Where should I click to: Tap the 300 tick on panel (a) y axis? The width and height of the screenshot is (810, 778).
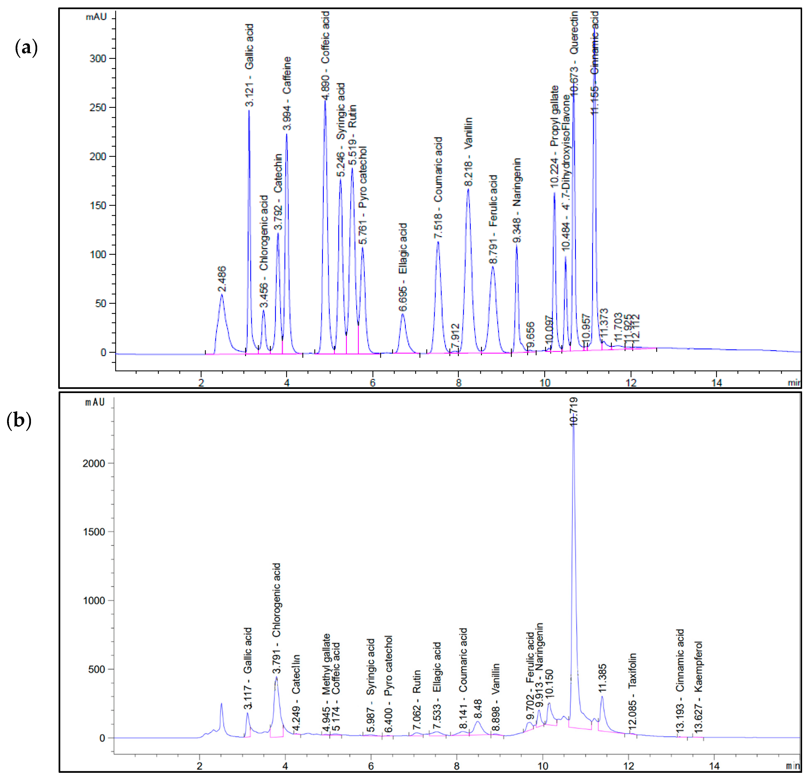pyautogui.click(x=98, y=59)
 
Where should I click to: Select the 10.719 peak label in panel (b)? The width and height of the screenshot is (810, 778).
pyautogui.click(x=574, y=412)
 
